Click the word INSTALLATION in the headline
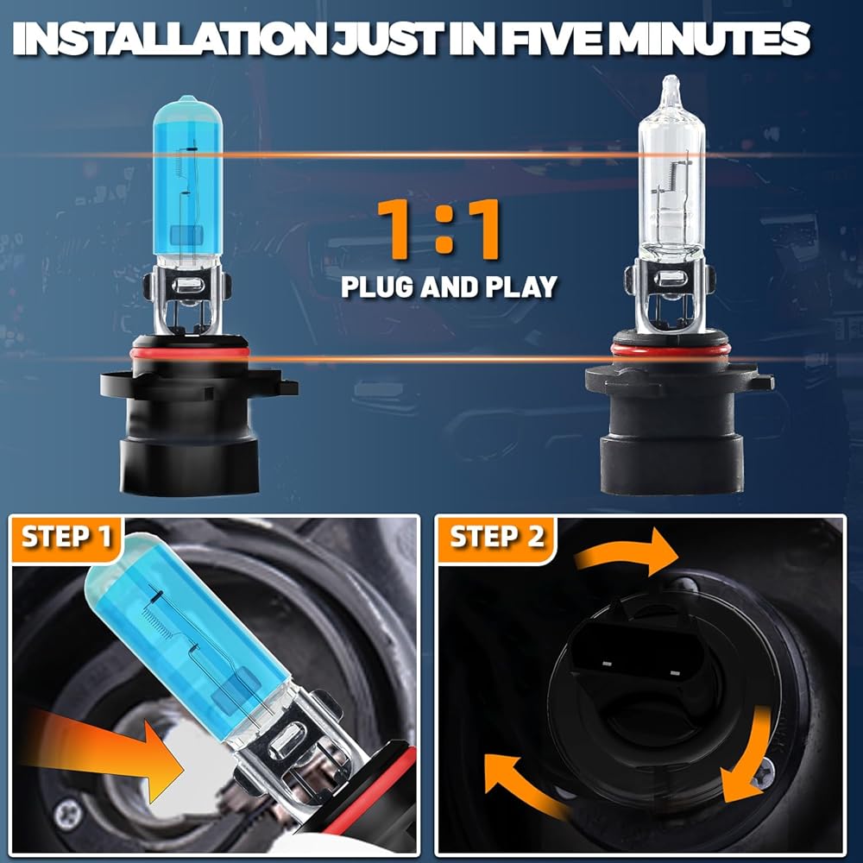pyautogui.click(x=169, y=39)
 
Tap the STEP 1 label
pyautogui.click(x=66, y=537)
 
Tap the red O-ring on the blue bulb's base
pyautogui.click(x=189, y=352)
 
